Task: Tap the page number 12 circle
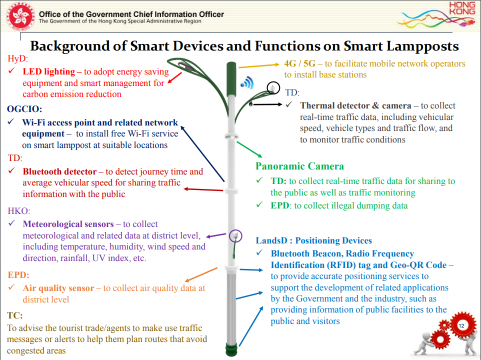460,325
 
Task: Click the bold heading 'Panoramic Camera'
299,166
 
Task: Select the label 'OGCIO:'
24,108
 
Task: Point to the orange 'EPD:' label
18,275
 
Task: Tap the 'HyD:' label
18,58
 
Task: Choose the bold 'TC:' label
15,315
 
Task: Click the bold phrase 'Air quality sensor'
58,288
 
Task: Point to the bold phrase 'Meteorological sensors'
68,224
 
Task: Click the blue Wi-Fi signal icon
247,82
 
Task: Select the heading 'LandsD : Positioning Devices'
313,240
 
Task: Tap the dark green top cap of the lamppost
231,77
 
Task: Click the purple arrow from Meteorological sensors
217,234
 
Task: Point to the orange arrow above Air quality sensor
200,275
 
